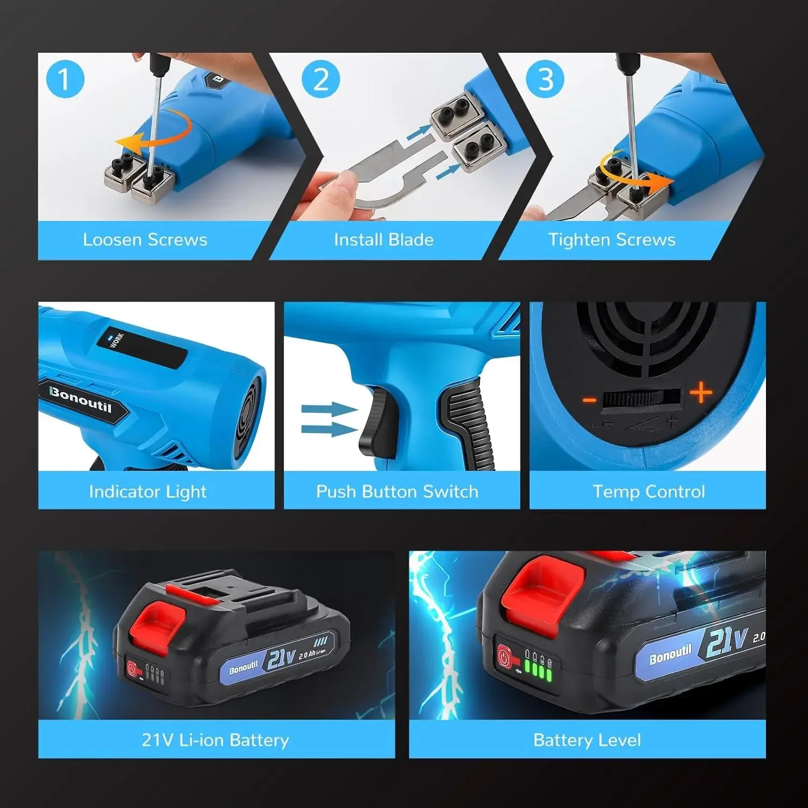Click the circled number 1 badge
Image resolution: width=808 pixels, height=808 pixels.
65,79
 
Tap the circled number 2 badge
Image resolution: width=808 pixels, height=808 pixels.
321,79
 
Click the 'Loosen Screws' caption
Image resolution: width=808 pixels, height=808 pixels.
145,240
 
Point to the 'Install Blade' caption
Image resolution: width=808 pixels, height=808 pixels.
384,240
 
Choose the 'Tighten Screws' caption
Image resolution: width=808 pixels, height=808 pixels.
612,240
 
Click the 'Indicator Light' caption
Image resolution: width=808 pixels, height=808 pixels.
148,491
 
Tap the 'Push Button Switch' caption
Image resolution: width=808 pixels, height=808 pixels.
397,491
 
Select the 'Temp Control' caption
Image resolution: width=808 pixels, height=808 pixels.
649,491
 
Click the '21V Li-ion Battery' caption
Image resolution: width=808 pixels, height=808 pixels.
215,740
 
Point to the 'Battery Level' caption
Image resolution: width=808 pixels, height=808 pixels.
587,740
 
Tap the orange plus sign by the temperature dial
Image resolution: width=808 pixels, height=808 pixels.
701,393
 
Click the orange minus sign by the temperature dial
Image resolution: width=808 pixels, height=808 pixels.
590,400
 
